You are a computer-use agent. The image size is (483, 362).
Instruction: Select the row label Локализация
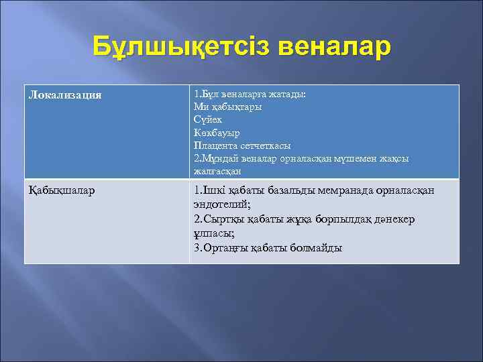65,95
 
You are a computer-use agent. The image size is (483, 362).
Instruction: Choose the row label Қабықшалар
62,190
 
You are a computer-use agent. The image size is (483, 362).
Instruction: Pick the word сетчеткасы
264,145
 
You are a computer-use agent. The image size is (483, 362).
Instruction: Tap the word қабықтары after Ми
236,107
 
